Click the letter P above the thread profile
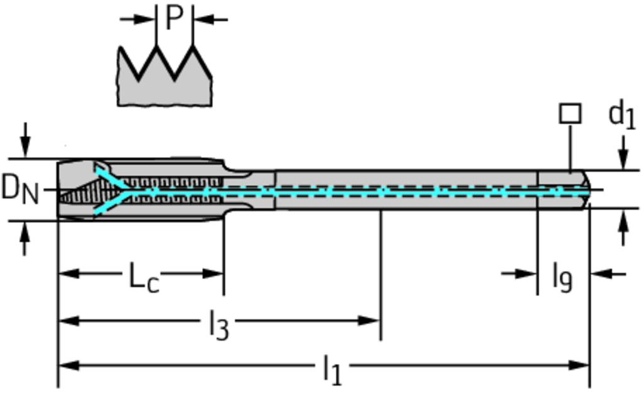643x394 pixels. pos(174,19)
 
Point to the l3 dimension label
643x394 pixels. pos(219,326)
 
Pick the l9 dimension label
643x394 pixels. pos(562,276)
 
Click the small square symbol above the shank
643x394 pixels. pos(570,114)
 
